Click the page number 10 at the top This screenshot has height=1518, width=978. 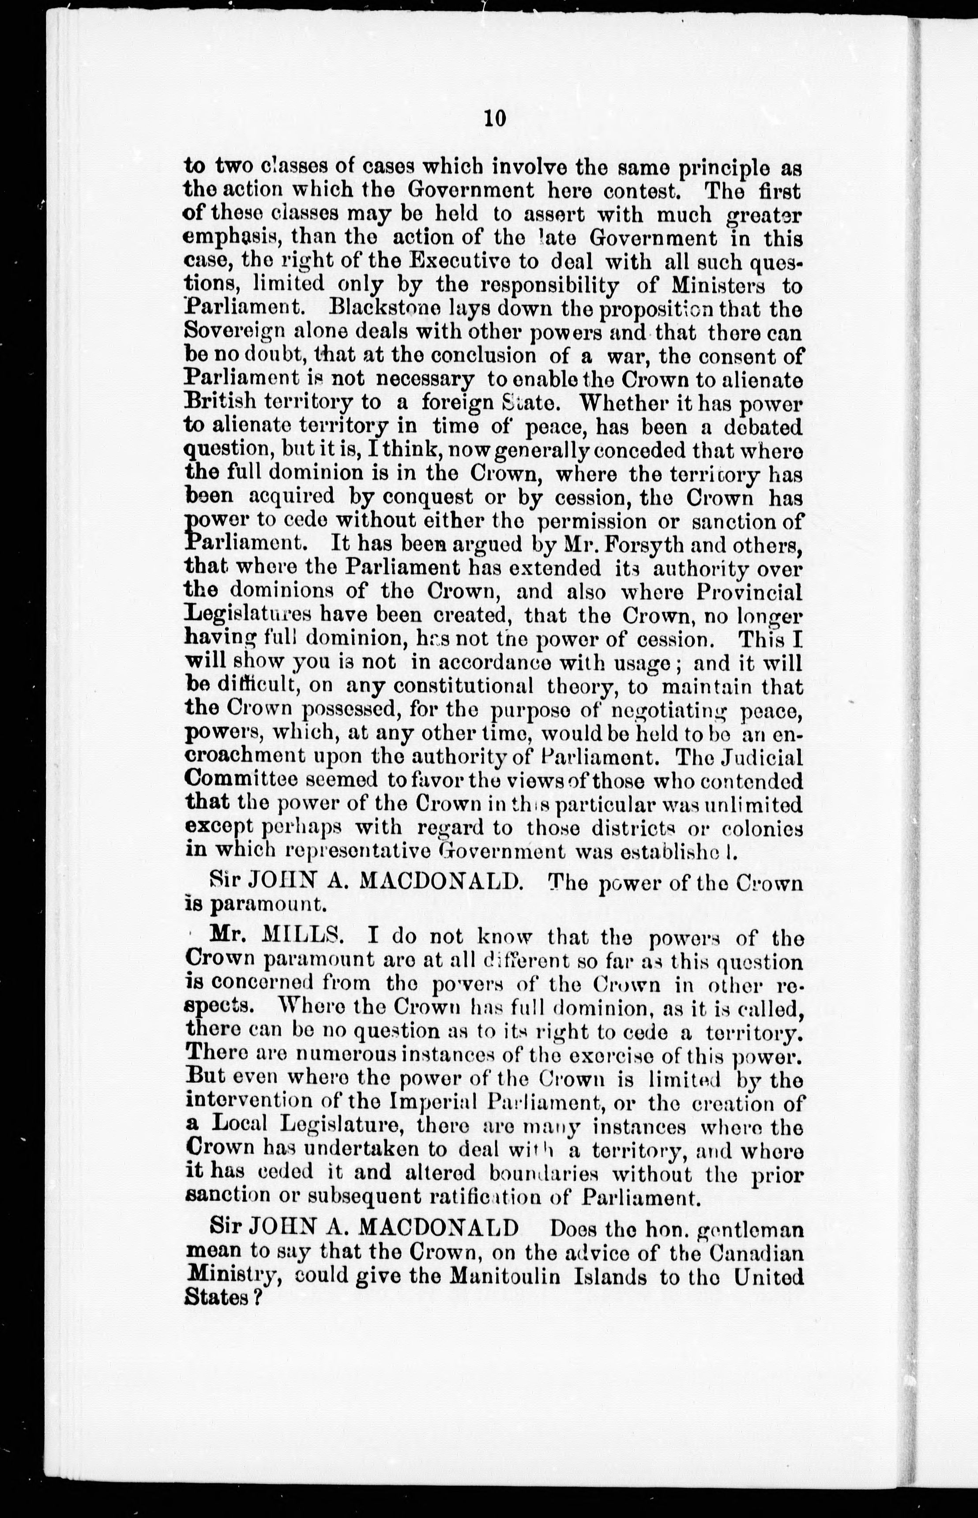[494, 118]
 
